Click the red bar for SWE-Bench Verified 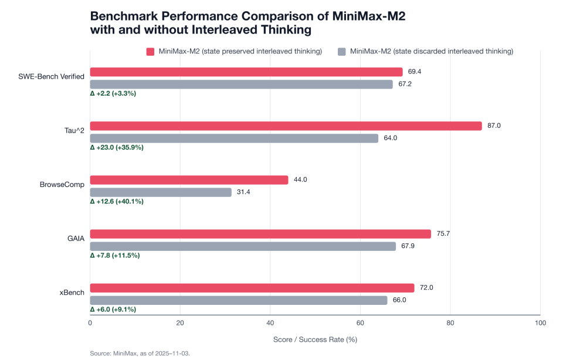(x=246, y=72)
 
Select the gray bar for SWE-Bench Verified (x=242, y=84)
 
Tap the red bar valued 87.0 (x=286, y=126)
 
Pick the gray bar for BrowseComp (x=161, y=192)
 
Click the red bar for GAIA (x=260, y=234)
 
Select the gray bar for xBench (x=239, y=300)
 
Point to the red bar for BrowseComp (x=189, y=180)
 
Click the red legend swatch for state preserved (x=150, y=52)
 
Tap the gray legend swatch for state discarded (x=342, y=52)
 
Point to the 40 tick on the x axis (x=270, y=322)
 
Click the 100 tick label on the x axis (x=540, y=322)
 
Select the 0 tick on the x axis (x=90, y=322)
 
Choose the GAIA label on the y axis (x=75, y=239)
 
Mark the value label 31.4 (x=243, y=192)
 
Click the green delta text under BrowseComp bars (x=116, y=201)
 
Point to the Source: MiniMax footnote (x=140, y=353)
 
